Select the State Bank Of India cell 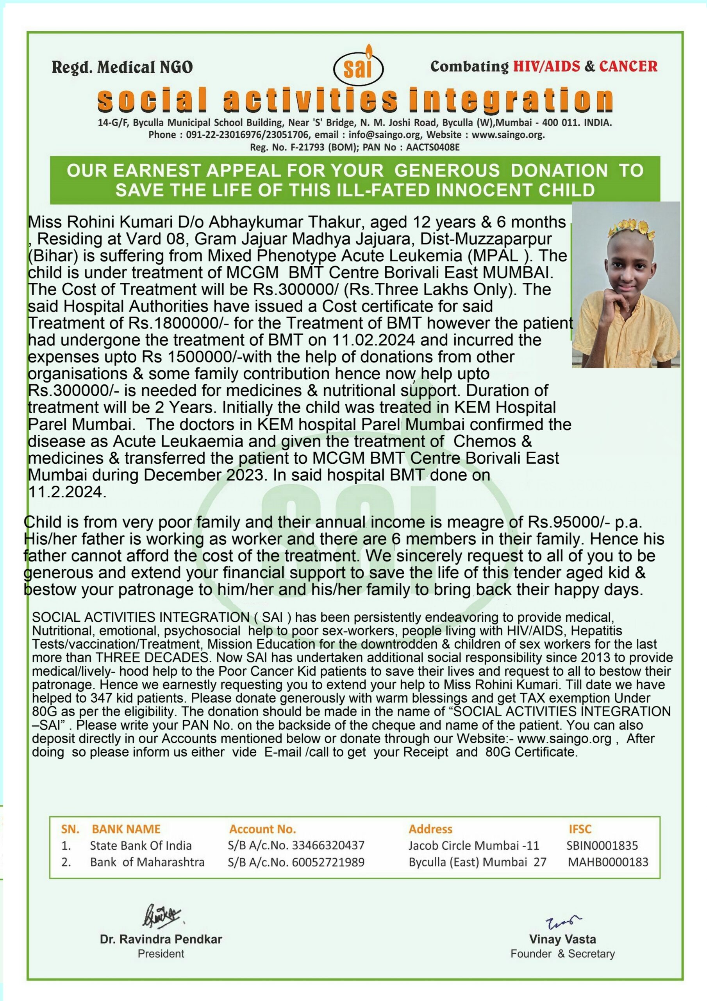tap(141, 846)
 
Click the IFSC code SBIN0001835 tap(602, 846)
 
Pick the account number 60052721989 tap(328, 862)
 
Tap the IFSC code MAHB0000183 tap(608, 862)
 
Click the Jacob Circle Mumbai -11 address tap(473, 846)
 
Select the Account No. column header tap(262, 829)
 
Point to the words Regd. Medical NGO tap(122, 67)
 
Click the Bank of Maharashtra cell tap(147, 862)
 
